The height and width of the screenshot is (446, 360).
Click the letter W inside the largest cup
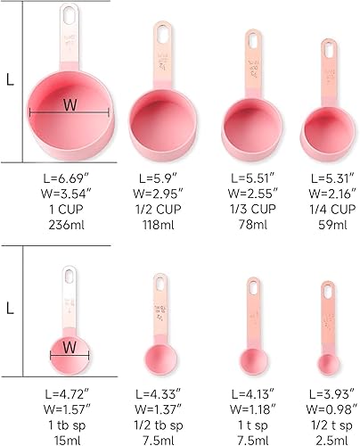coord(70,104)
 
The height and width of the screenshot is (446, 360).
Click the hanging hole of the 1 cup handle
coord(68,15)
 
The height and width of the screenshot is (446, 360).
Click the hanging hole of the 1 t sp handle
coord(253,288)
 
